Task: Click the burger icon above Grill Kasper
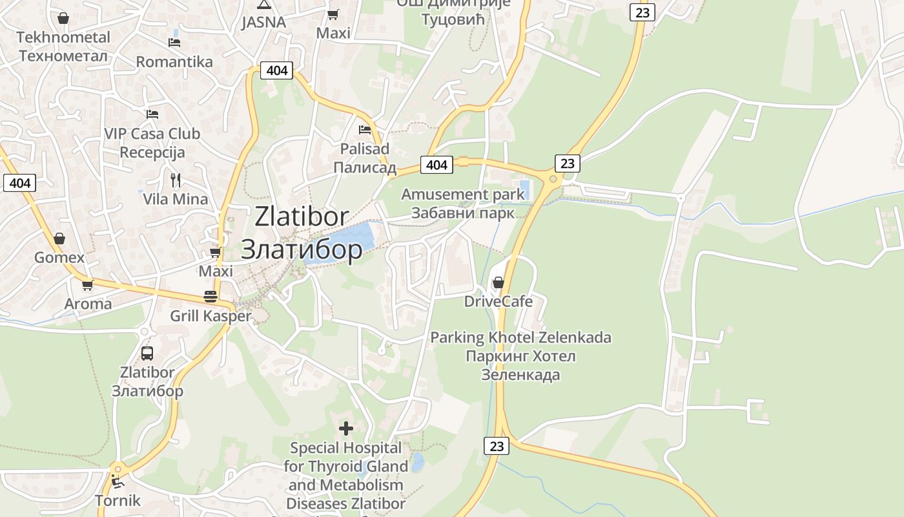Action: (211, 297)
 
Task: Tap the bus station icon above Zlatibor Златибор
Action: (147, 353)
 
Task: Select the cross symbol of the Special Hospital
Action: (346, 428)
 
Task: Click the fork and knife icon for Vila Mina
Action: (175, 180)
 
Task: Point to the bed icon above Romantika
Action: (174, 43)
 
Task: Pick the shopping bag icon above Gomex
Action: (59, 238)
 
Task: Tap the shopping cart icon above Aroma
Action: (87, 284)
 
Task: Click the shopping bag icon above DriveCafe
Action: (498, 282)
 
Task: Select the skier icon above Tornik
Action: (117, 481)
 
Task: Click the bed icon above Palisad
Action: (365, 129)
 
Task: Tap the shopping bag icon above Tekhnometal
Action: (63, 18)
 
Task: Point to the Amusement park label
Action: (463, 195)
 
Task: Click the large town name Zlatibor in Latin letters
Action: (302, 216)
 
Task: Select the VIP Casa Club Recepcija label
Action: (152, 143)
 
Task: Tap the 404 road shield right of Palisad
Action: (437, 165)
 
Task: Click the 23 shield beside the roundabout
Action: (567, 164)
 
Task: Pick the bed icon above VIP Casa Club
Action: (152, 114)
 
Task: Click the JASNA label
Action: (263, 22)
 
